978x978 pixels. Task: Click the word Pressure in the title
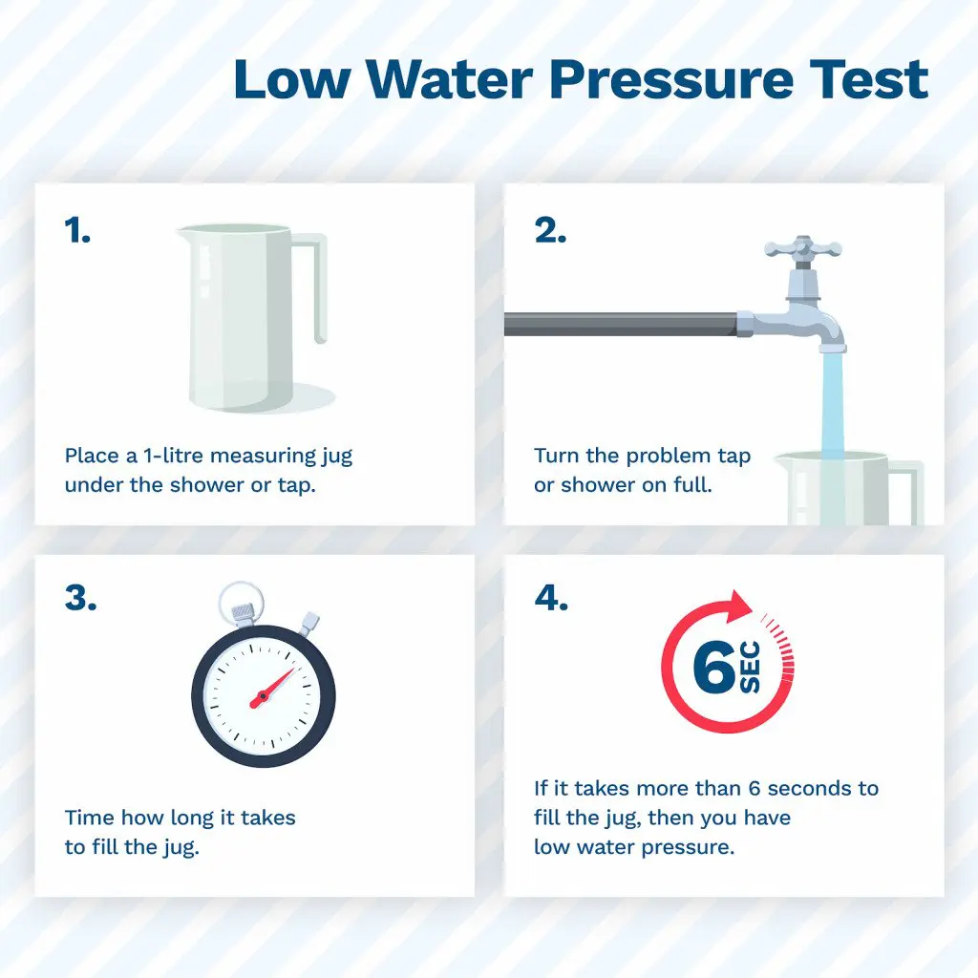671,79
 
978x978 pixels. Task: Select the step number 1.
77,230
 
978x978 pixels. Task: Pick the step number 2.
550,230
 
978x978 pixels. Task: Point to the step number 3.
80,598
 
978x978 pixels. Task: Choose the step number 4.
551,598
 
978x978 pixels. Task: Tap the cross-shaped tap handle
802,249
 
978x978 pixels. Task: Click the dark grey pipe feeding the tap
621,325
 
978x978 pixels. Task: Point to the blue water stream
832,405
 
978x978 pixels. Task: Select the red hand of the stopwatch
271,689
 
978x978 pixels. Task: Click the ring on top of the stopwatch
241,592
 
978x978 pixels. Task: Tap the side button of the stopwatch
308,624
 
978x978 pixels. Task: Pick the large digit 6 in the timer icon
714,667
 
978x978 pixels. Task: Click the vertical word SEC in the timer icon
751,667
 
